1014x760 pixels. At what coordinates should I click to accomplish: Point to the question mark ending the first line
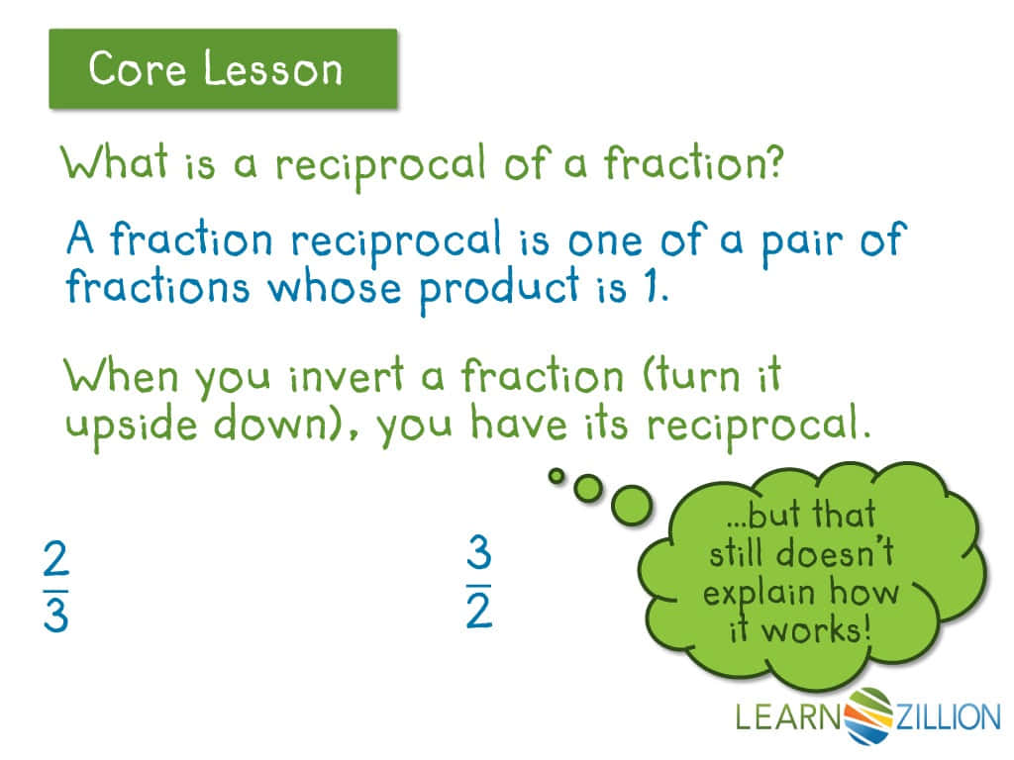(x=770, y=160)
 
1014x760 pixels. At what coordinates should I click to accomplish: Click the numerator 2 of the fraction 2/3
(x=56, y=561)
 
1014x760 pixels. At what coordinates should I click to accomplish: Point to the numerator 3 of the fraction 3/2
(x=479, y=556)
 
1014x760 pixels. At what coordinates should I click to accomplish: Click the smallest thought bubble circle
(x=557, y=476)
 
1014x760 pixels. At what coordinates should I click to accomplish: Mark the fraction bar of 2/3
(x=56, y=589)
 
